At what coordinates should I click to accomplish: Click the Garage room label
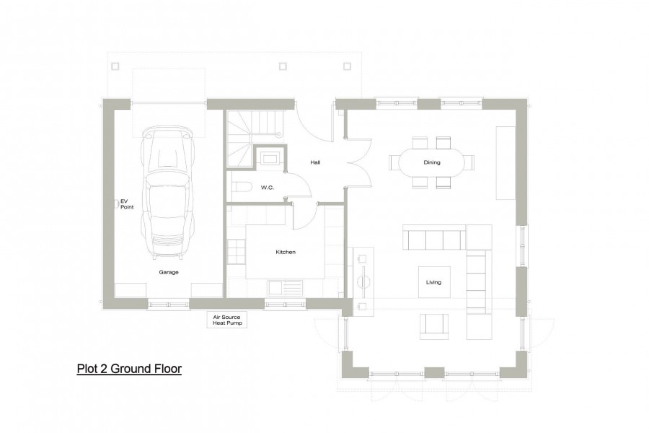[x=169, y=272]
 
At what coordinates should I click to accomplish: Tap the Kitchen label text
[x=286, y=253]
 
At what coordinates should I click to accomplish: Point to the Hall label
[x=315, y=162]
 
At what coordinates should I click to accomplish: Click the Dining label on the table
[x=432, y=162]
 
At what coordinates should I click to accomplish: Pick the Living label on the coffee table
[x=433, y=282]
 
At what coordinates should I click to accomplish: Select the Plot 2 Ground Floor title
[x=129, y=369]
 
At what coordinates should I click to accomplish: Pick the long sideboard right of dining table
[x=505, y=163]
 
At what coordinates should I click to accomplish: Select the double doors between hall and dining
[x=356, y=163]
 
